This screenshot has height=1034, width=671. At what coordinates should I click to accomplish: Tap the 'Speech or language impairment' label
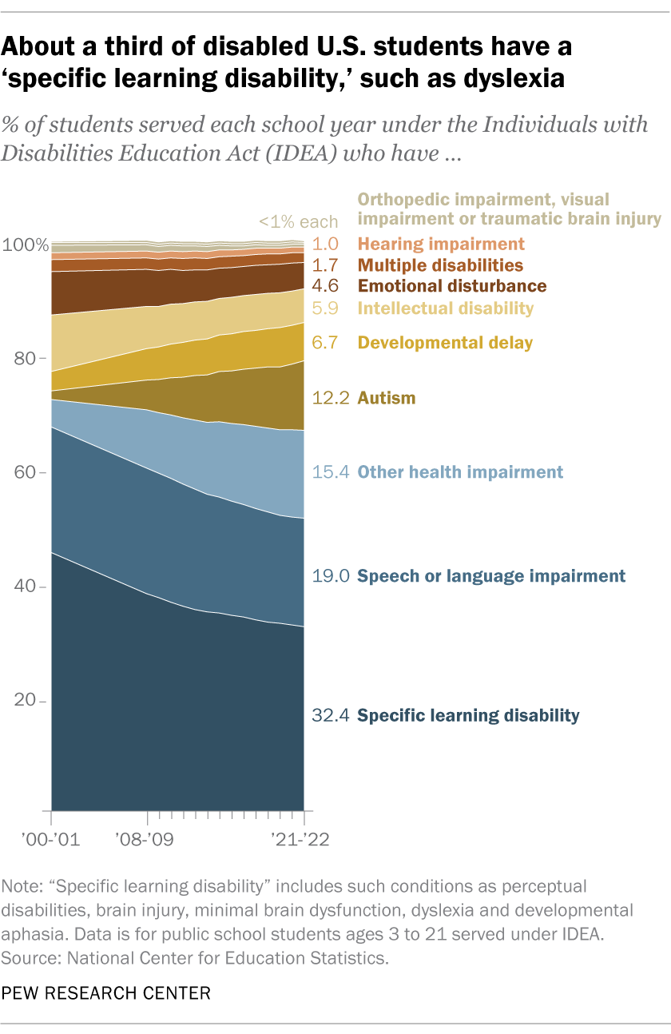[x=490, y=576]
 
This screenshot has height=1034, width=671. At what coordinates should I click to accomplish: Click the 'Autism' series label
[x=387, y=398]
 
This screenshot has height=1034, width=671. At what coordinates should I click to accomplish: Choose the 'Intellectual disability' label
[x=446, y=308]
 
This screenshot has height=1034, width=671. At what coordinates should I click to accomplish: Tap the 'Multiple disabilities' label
[x=440, y=265]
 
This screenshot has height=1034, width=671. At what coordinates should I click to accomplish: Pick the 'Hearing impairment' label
[x=441, y=245]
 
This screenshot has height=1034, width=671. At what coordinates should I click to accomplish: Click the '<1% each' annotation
[x=298, y=222]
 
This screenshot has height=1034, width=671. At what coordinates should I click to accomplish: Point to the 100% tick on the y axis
[x=24, y=245]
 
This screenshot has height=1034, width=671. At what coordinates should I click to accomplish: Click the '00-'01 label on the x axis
[x=52, y=841]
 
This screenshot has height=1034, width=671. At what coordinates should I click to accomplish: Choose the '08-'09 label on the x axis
[x=149, y=841]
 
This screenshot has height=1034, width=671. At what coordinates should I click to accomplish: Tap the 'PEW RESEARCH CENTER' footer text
[x=106, y=993]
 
